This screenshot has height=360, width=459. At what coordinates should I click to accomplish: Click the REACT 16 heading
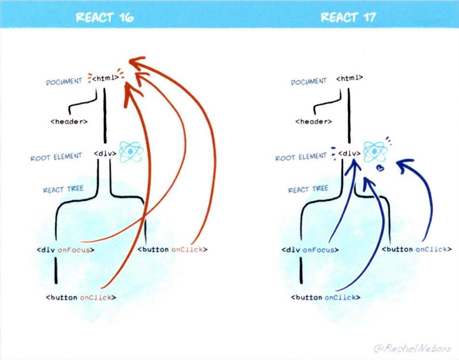click(x=104, y=18)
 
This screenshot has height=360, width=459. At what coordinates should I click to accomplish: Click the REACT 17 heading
click(x=348, y=18)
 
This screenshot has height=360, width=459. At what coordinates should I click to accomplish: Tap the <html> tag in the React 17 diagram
click(x=350, y=78)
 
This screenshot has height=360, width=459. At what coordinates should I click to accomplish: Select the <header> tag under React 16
click(x=69, y=122)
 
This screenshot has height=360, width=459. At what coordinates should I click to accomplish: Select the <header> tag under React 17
click(x=313, y=122)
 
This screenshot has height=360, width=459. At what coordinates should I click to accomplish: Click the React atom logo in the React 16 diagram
click(x=131, y=152)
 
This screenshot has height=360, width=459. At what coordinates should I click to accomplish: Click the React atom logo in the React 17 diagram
click(x=375, y=152)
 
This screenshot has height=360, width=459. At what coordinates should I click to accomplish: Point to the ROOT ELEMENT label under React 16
click(x=56, y=157)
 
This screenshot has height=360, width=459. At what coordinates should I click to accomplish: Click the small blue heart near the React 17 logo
click(x=379, y=168)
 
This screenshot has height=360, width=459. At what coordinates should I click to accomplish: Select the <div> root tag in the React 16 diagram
click(x=105, y=153)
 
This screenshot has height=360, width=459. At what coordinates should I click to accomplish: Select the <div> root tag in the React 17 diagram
click(x=350, y=153)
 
